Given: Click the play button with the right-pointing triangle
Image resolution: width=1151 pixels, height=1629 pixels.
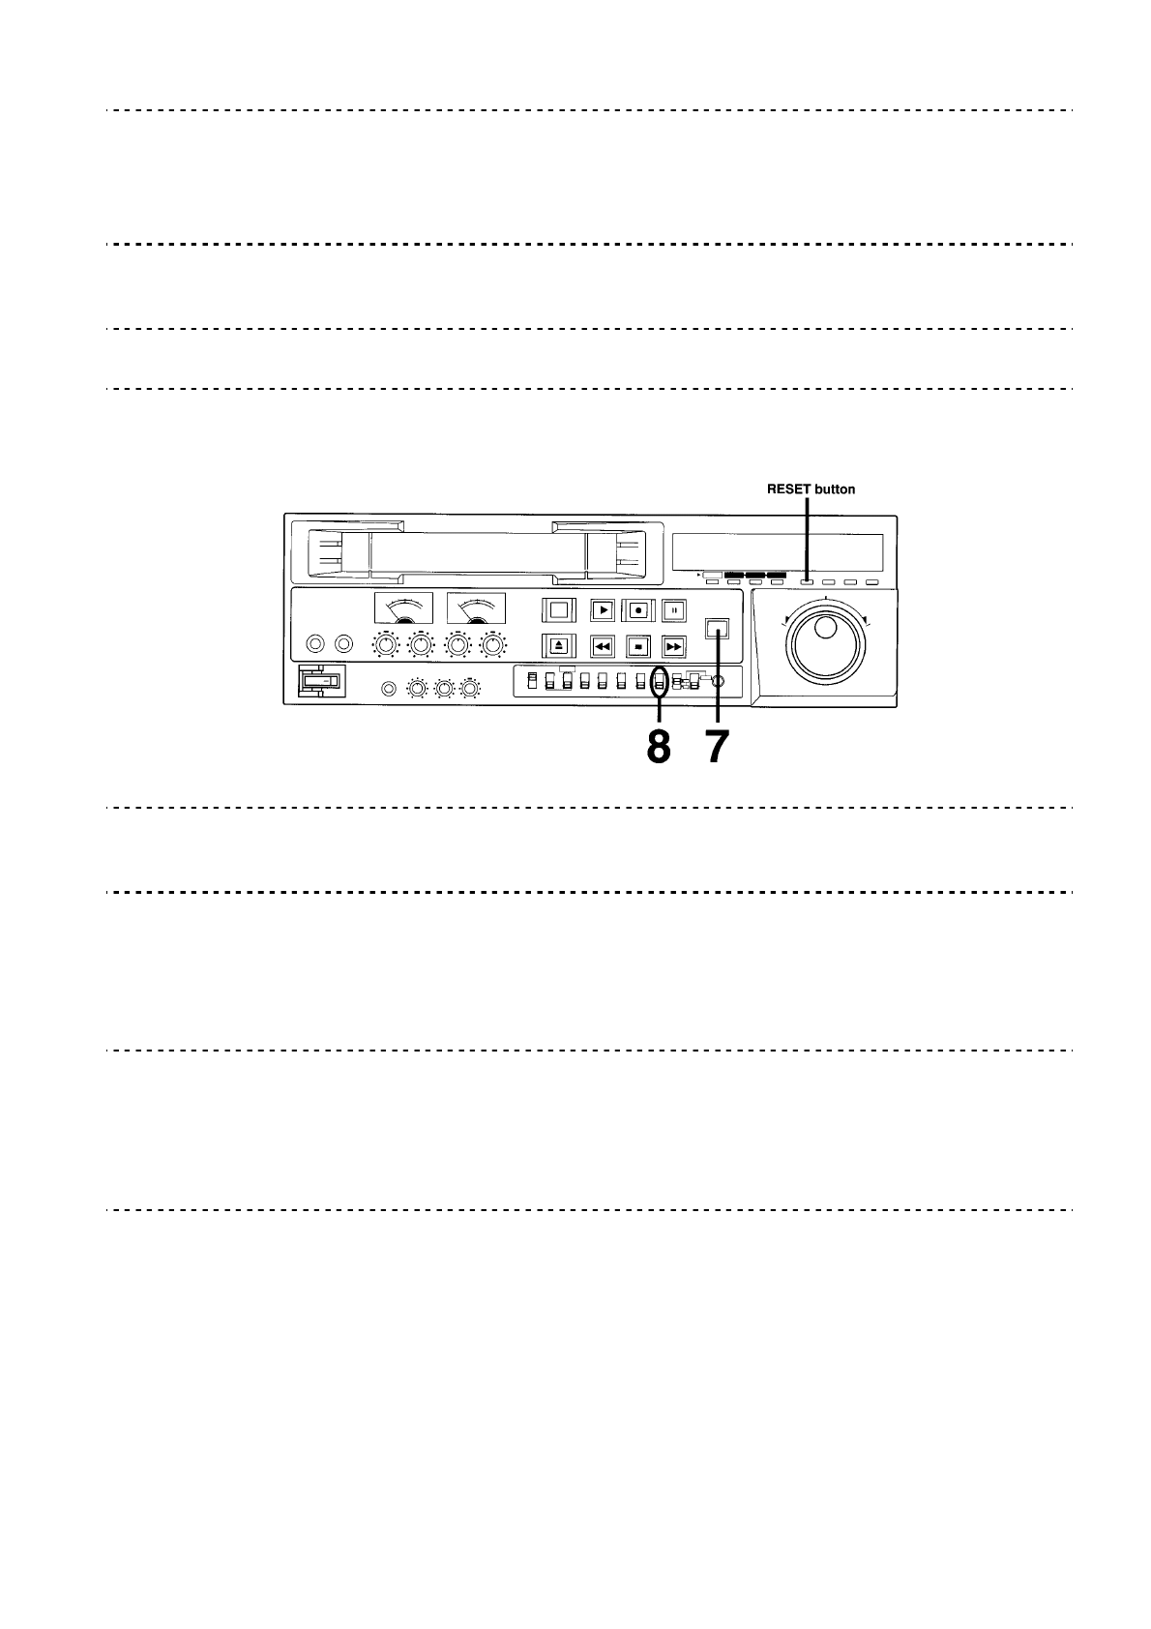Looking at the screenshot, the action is click(x=602, y=610).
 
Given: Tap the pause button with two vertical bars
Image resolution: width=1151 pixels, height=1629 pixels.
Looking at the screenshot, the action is click(x=674, y=610).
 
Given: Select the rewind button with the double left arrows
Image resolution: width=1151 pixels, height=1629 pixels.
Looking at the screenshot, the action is click(x=602, y=645).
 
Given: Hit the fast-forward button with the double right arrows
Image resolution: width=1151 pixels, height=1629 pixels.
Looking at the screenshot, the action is click(x=674, y=645).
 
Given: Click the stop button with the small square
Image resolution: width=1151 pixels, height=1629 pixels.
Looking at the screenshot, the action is click(x=637, y=645).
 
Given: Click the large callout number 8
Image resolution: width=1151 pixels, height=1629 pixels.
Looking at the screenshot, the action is click(x=658, y=748).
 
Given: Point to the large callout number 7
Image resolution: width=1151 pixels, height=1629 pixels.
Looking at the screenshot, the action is click(x=717, y=748).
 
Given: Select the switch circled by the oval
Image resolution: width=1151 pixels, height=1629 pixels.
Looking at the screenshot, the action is click(x=660, y=682).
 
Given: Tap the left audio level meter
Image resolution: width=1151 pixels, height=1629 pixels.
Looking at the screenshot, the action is click(x=403, y=608).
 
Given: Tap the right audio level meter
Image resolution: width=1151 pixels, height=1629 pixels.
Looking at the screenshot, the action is click(x=476, y=608).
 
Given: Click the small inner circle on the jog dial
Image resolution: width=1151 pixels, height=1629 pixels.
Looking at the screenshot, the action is click(x=825, y=629).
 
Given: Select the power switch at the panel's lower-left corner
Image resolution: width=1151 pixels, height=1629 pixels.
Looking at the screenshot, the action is click(x=319, y=682).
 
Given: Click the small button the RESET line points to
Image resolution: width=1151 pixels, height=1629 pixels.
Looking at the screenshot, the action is click(x=807, y=582).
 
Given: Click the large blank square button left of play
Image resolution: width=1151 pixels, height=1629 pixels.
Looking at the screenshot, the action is click(x=558, y=610).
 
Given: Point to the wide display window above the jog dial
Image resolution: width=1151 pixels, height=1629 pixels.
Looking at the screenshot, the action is click(x=777, y=552).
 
